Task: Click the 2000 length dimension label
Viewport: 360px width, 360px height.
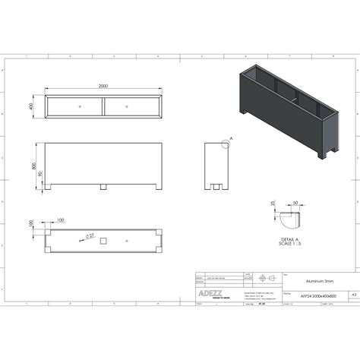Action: [x=103, y=87]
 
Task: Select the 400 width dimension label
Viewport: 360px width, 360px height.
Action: [x=32, y=106]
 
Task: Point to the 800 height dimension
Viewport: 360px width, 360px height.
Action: [x=33, y=165]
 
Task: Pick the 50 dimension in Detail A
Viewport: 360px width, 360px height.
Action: [x=295, y=203]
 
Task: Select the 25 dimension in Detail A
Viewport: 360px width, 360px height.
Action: [x=272, y=204]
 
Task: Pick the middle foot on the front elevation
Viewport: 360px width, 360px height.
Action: [x=103, y=186]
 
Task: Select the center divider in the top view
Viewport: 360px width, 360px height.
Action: [x=103, y=106]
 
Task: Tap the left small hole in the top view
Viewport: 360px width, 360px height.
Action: [x=79, y=106]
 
